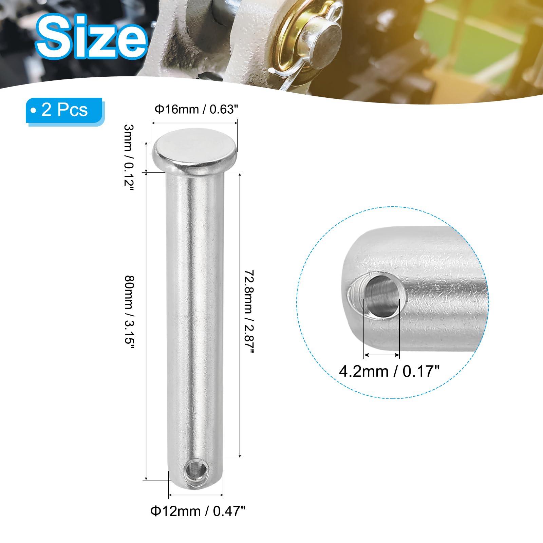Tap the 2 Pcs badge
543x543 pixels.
[x=64, y=111]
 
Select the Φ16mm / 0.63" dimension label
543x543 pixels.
[x=196, y=109]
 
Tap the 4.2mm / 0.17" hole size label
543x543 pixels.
[x=389, y=371]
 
